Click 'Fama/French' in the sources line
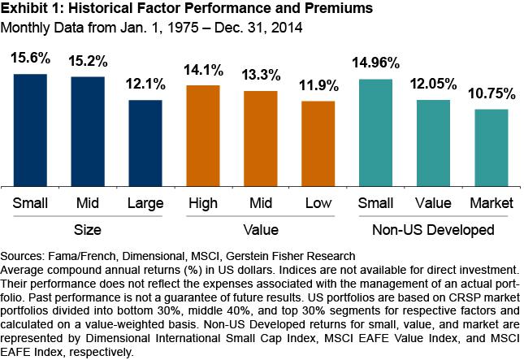coord(81,255)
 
